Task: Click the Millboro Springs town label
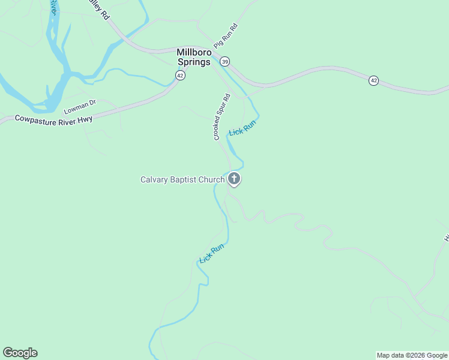(x=193, y=57)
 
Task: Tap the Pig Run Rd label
(x=226, y=37)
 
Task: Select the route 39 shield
(x=224, y=61)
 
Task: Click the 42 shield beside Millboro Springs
(x=180, y=75)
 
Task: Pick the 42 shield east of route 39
(x=373, y=80)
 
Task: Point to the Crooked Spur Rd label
(x=221, y=117)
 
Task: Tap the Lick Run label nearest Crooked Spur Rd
(x=243, y=127)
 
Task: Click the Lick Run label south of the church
(x=212, y=253)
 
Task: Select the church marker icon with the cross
(x=234, y=179)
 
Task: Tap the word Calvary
(x=154, y=179)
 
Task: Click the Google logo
(x=20, y=353)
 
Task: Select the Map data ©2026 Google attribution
(x=412, y=355)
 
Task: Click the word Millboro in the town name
(x=193, y=52)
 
